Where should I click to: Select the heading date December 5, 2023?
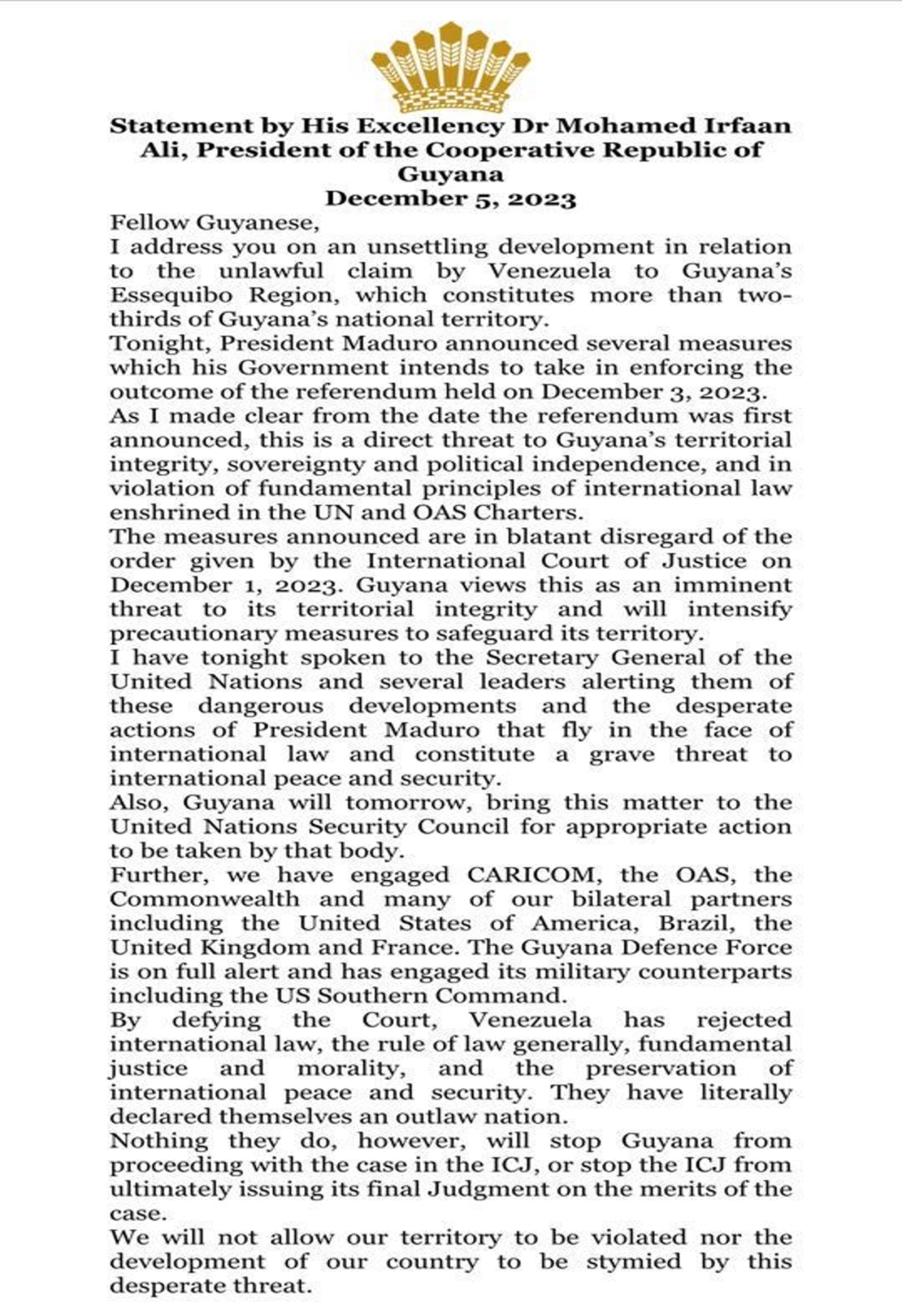click(x=451, y=199)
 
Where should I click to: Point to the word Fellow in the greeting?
click(x=148, y=223)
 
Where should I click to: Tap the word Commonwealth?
click(x=204, y=899)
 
